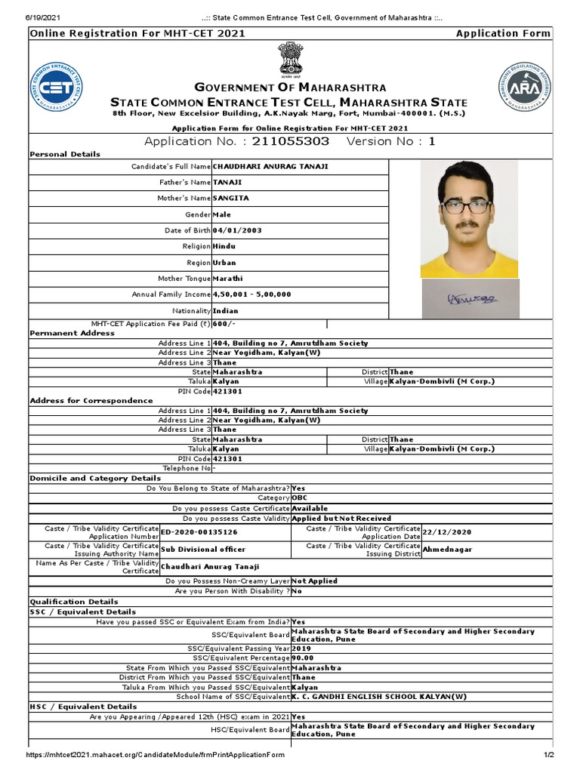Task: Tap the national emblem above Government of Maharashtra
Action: point(290,59)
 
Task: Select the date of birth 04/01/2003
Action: point(237,230)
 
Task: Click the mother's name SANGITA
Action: point(230,198)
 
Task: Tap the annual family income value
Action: point(252,294)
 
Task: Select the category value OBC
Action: point(300,498)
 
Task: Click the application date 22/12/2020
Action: point(448,532)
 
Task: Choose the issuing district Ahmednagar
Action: point(447,550)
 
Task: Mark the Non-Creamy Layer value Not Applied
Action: point(314,581)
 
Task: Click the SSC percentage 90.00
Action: point(303,658)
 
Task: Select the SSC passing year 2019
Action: point(301,648)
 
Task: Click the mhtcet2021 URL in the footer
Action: point(156,755)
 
